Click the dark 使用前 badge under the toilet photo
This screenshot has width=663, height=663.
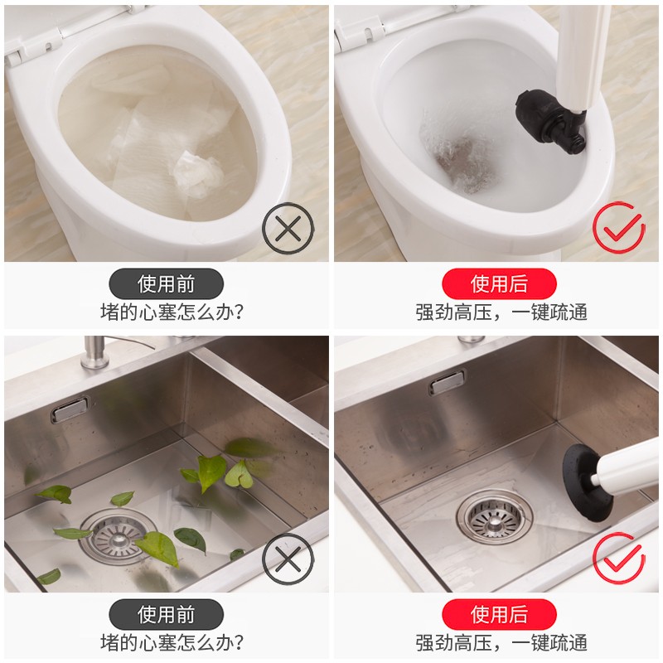point(167,283)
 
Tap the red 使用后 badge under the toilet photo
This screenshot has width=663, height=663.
point(499,283)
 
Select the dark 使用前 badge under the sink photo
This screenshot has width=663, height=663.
point(167,614)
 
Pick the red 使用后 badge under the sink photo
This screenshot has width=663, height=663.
point(499,614)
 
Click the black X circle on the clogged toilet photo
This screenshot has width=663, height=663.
point(288,229)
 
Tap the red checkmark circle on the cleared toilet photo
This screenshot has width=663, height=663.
point(618,227)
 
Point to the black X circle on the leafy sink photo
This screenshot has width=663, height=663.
point(288,559)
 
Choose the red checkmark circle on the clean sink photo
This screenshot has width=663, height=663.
point(618,558)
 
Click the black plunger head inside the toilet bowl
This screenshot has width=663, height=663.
point(548,120)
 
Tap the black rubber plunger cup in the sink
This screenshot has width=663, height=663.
point(587,481)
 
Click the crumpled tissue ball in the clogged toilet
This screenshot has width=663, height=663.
point(198,174)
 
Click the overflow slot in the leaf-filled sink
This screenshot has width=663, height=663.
point(70,409)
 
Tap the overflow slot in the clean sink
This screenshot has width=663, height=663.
point(448,381)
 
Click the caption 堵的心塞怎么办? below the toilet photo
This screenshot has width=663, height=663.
point(172,312)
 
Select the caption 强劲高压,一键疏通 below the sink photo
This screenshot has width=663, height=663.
point(501,643)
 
